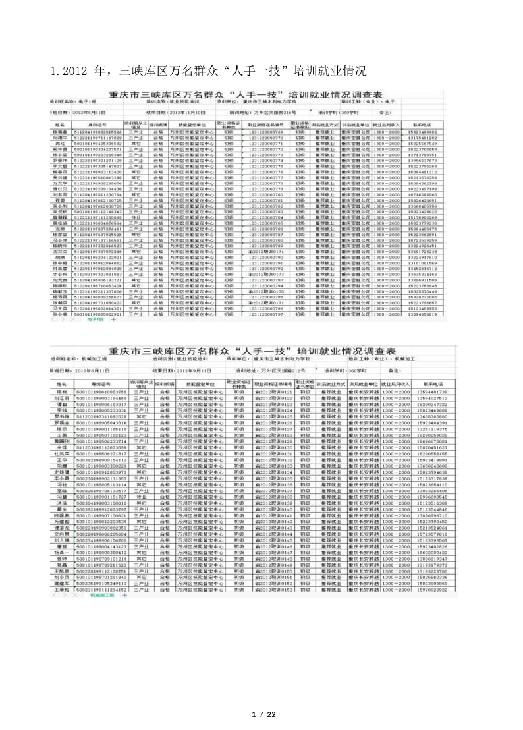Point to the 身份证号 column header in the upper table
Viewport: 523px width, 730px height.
[97, 124]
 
